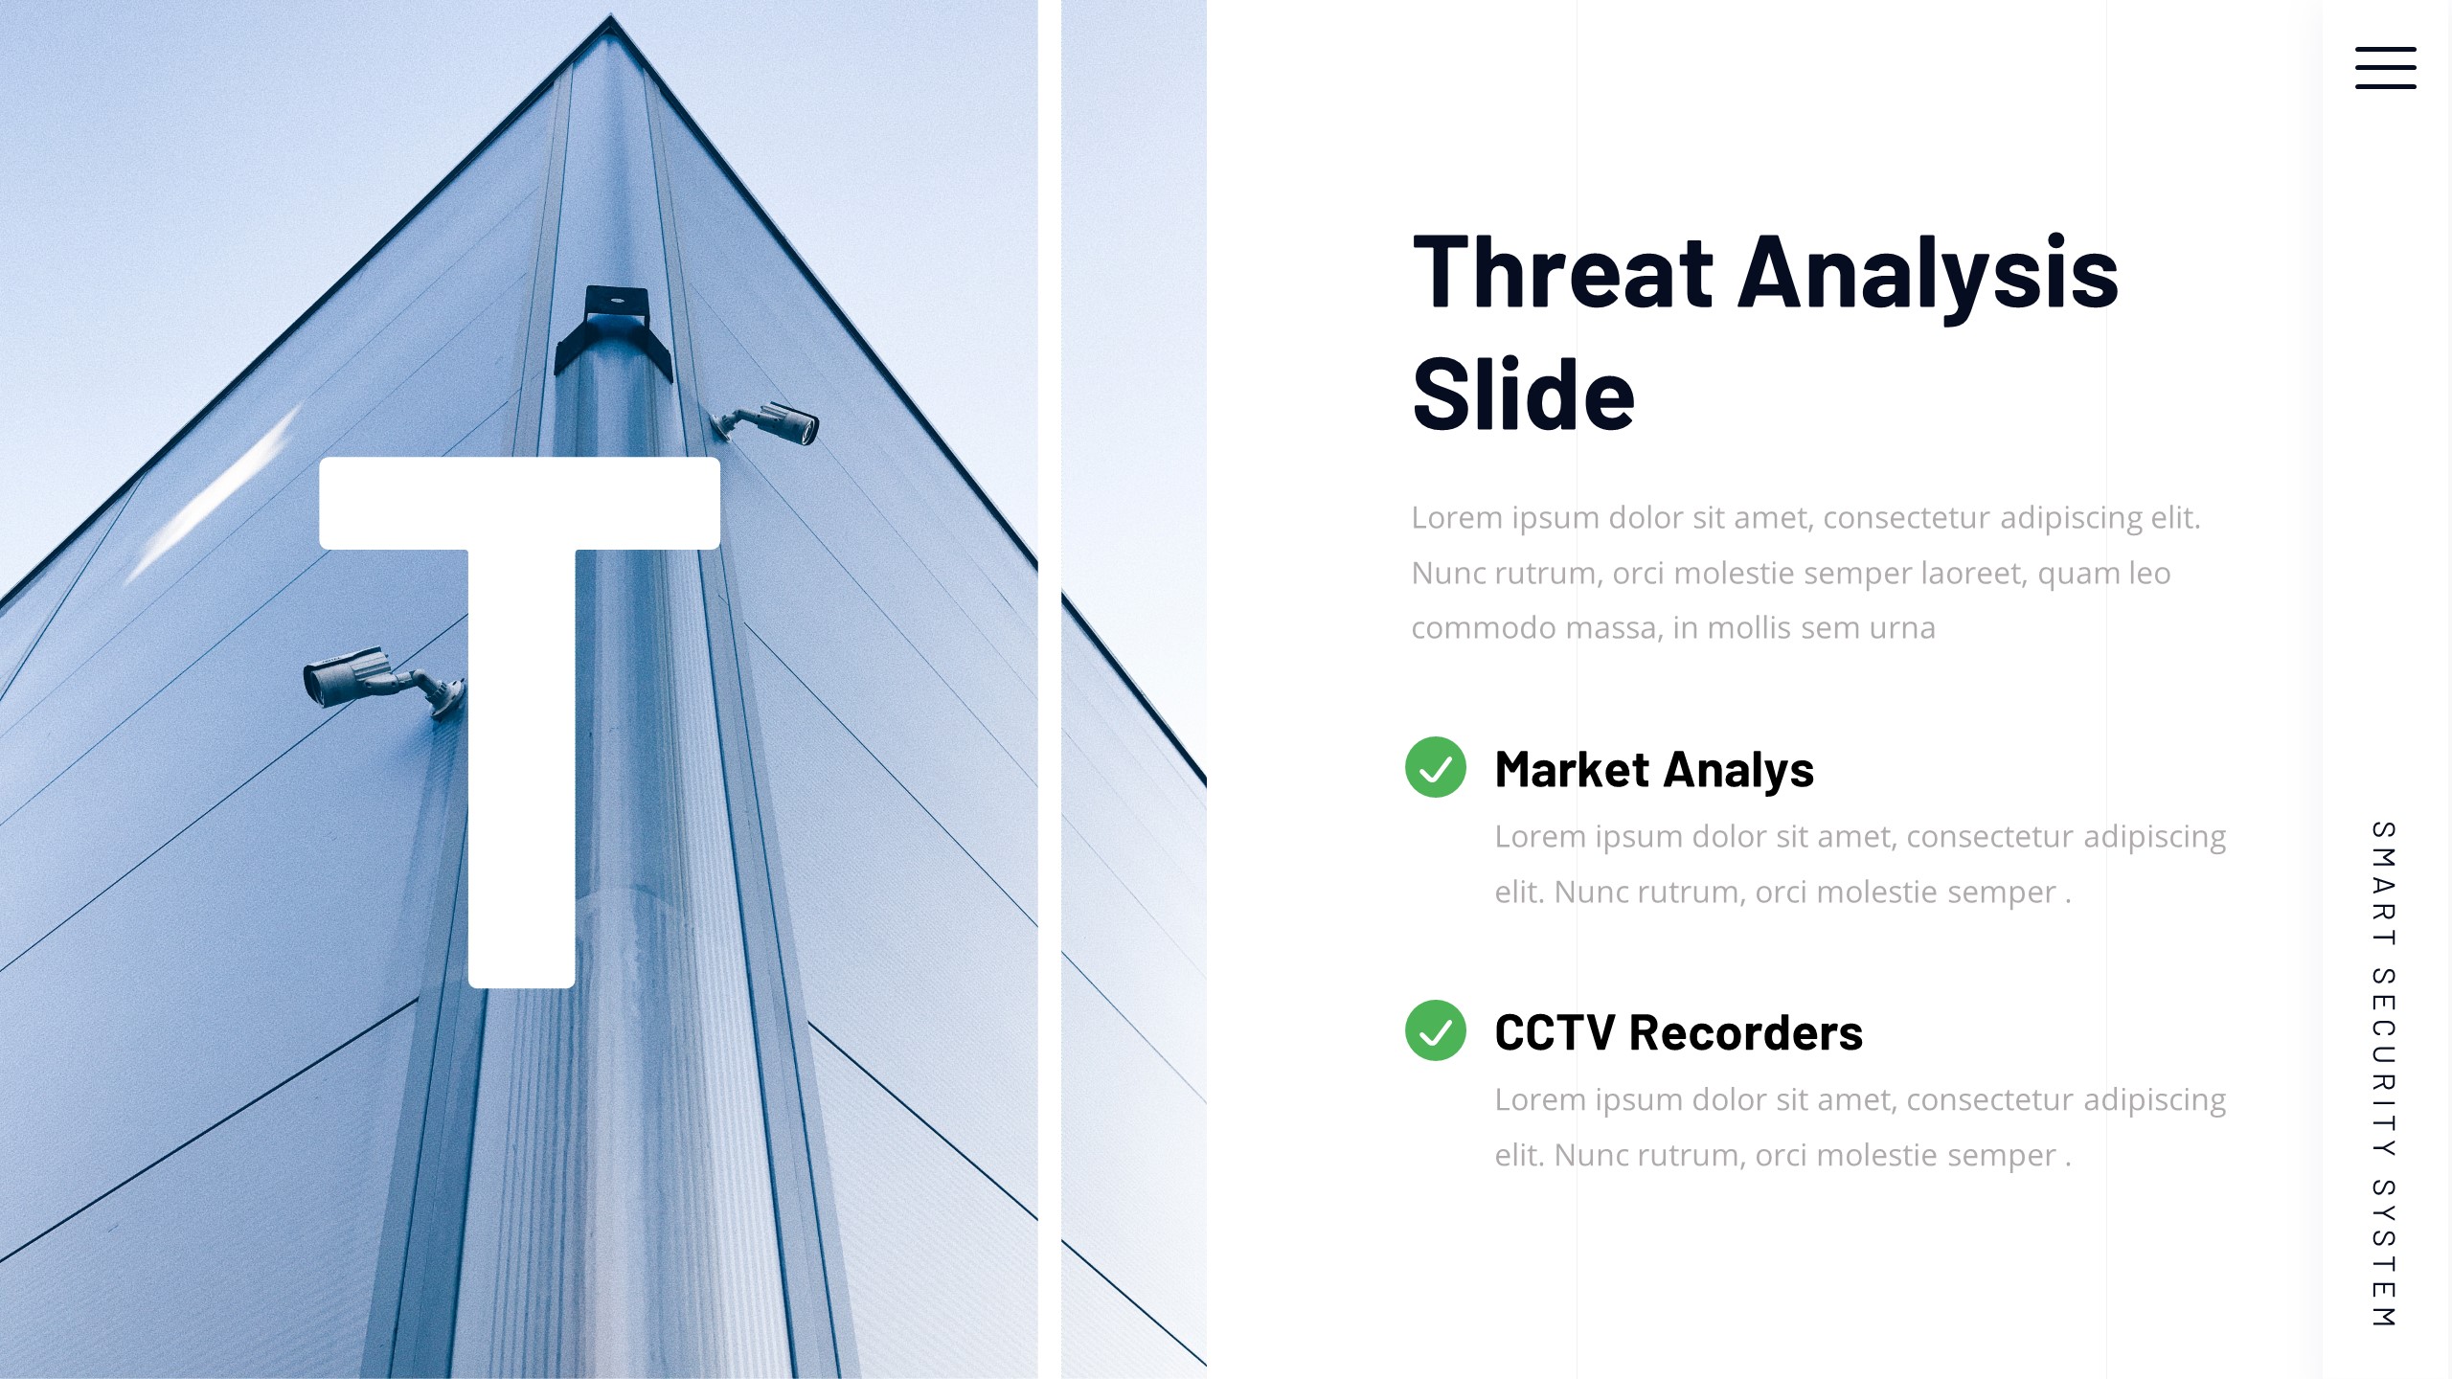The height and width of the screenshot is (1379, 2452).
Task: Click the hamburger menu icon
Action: (x=2385, y=68)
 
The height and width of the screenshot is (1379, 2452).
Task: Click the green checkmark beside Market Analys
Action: (x=1435, y=767)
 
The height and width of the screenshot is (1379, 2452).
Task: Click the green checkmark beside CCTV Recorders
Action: (x=1435, y=1030)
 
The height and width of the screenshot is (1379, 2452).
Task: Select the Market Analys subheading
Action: (x=1654, y=770)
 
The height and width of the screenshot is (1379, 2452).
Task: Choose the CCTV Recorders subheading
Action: (x=1678, y=1032)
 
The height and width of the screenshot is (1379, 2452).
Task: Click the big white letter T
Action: (x=520, y=718)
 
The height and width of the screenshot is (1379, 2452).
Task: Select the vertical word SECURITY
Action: (x=2384, y=1063)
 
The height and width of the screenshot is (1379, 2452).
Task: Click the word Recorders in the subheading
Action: (x=1745, y=1032)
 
